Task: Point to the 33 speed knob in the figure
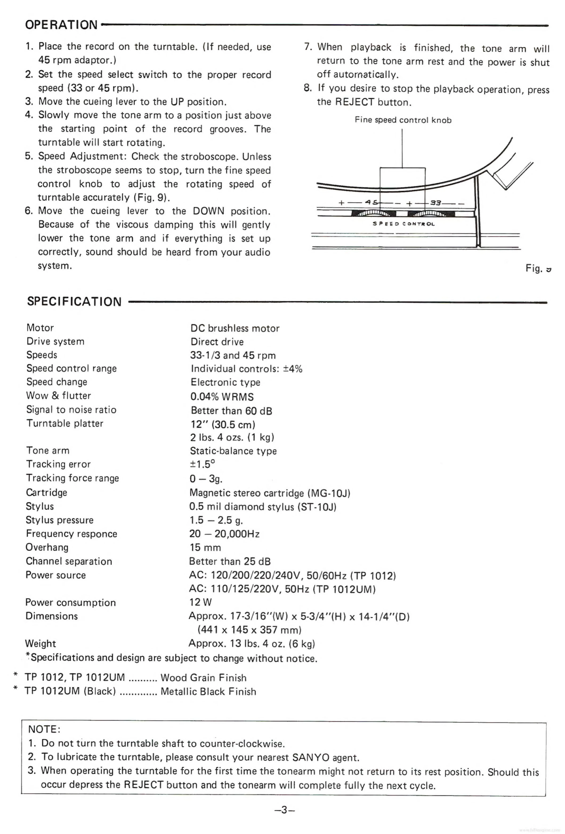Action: pyautogui.click(x=430, y=214)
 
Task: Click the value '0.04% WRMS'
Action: pyautogui.click(x=222, y=397)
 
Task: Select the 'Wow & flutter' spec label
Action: pyautogui.click(x=59, y=395)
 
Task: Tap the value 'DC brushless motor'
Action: pyautogui.click(x=235, y=328)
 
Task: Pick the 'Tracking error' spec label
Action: pyautogui.click(x=59, y=464)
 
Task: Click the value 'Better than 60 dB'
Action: pyautogui.click(x=231, y=411)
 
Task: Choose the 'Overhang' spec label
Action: pyautogui.click(x=47, y=547)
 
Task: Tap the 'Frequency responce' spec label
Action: pyautogui.click(x=71, y=534)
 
